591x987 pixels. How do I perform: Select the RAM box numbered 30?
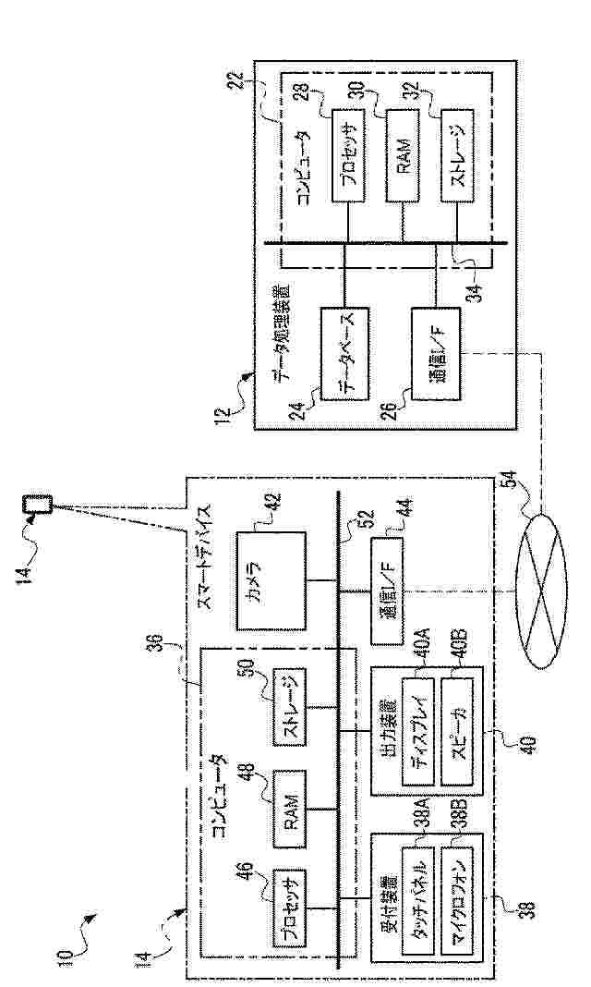[404, 152]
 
